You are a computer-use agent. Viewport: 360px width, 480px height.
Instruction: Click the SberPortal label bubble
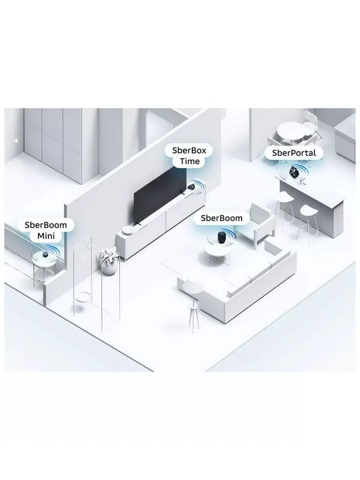coord(294,153)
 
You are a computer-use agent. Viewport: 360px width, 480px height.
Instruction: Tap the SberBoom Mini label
coord(46,230)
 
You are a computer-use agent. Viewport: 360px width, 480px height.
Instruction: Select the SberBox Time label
coord(189,156)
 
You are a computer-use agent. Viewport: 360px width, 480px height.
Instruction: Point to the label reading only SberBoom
coord(222,218)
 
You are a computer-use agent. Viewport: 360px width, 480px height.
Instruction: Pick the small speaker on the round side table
coord(46,254)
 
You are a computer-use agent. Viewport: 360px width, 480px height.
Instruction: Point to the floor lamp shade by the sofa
coord(192,285)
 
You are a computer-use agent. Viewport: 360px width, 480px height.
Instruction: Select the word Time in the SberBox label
coord(190,161)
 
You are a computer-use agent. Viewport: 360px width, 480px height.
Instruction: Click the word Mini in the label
coord(46,236)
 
